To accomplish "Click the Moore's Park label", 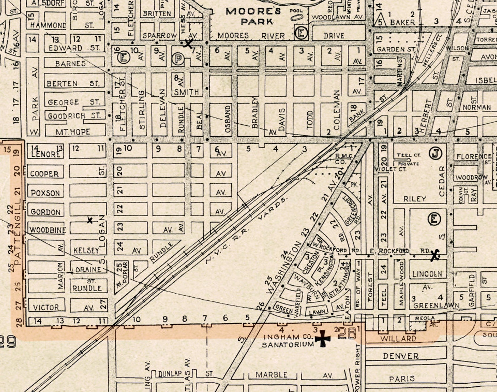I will tap(254, 16).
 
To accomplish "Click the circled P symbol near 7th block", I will tap(178, 59).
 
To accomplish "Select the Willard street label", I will tap(398, 339).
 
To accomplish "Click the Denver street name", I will tap(401, 356).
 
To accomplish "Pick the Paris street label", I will tap(402, 379).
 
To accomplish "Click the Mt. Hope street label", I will tap(73, 132).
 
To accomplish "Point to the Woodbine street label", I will tap(48, 230).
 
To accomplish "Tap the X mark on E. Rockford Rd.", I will tap(434, 255).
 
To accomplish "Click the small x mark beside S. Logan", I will tap(90, 220).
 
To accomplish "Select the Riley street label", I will tap(415, 199).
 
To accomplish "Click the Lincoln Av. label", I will tap(427, 274).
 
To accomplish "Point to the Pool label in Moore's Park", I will tap(296, 11).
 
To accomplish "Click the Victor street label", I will tap(46, 308).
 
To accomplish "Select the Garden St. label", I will tap(396, 50).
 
